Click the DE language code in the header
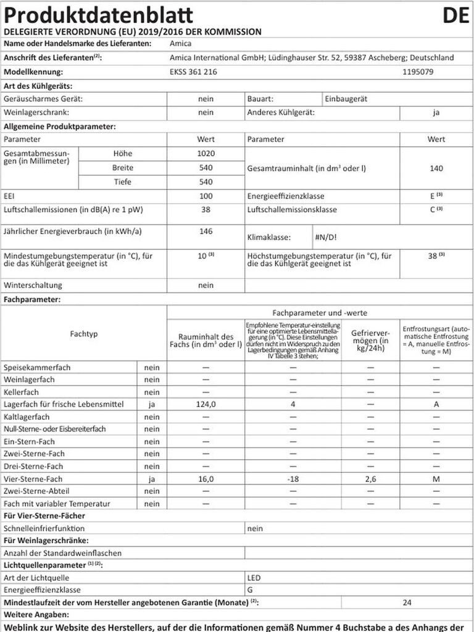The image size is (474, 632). (455, 15)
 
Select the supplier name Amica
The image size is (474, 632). (180, 44)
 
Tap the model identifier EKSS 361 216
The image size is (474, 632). (193, 72)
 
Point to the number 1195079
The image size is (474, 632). (417, 72)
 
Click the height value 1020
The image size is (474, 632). (206, 154)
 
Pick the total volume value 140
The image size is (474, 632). (436, 168)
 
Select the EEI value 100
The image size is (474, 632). (206, 196)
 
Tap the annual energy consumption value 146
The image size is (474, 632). (206, 231)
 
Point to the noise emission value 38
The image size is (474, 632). (206, 210)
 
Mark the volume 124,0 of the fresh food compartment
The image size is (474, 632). (206, 405)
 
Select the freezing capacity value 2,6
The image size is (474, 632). (370, 479)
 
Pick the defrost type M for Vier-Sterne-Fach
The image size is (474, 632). (436, 479)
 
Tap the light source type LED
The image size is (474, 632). (253, 578)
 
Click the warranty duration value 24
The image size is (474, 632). (407, 602)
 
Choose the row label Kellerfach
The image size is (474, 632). (21, 393)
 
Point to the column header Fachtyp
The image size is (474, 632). (84, 334)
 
